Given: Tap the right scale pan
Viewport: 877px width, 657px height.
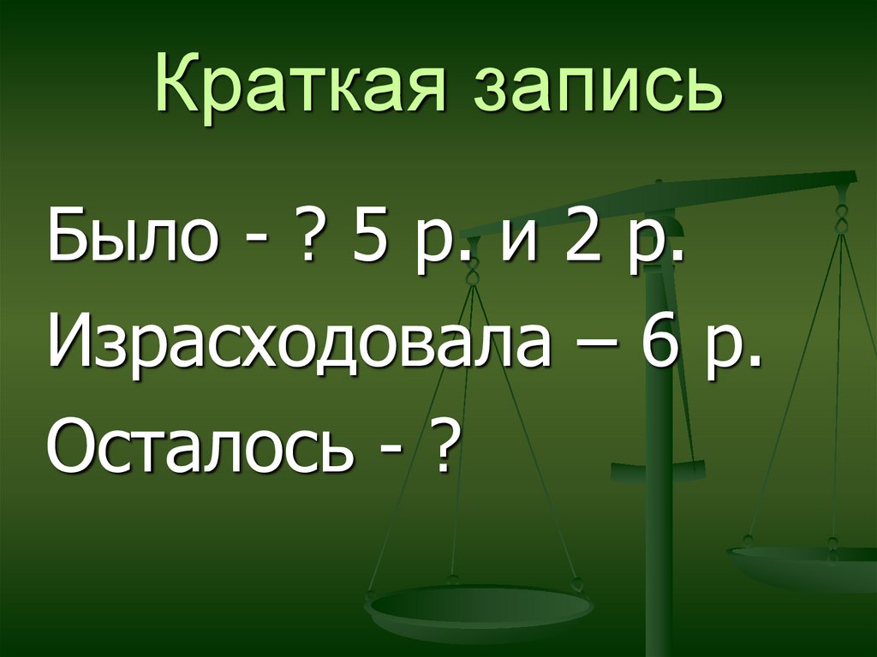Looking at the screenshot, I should (x=805, y=565).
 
